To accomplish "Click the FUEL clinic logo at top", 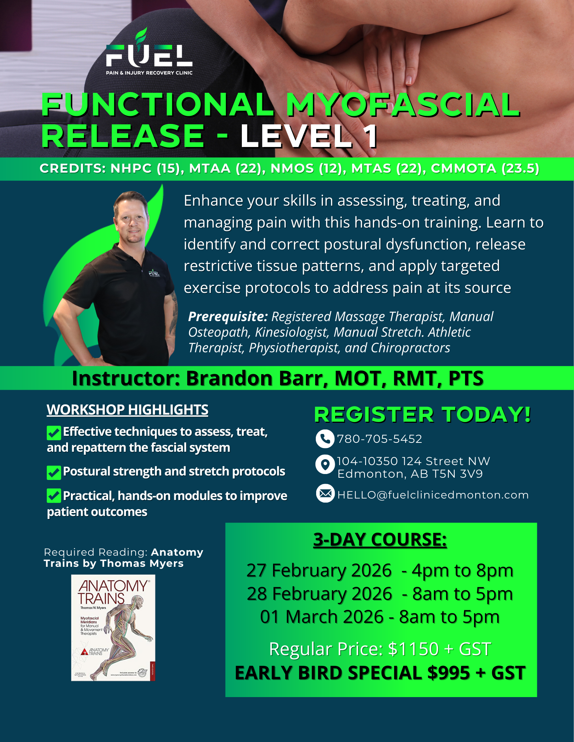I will tap(149, 54).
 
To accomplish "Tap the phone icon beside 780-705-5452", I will tap(325, 439).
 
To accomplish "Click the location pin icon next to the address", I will tap(325, 464).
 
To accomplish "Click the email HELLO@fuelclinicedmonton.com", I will tap(433, 495).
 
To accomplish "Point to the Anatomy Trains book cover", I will tap(113, 627).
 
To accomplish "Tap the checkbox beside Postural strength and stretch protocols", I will tap(54, 473).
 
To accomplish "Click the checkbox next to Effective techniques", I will tap(54, 432).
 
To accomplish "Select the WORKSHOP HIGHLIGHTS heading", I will tap(127, 410).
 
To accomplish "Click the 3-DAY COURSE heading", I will tap(380, 539).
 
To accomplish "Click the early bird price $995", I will tap(448, 673).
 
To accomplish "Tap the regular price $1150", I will tap(413, 649).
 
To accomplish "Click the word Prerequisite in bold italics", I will tap(228, 317).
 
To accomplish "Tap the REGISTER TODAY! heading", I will tap(422, 414).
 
